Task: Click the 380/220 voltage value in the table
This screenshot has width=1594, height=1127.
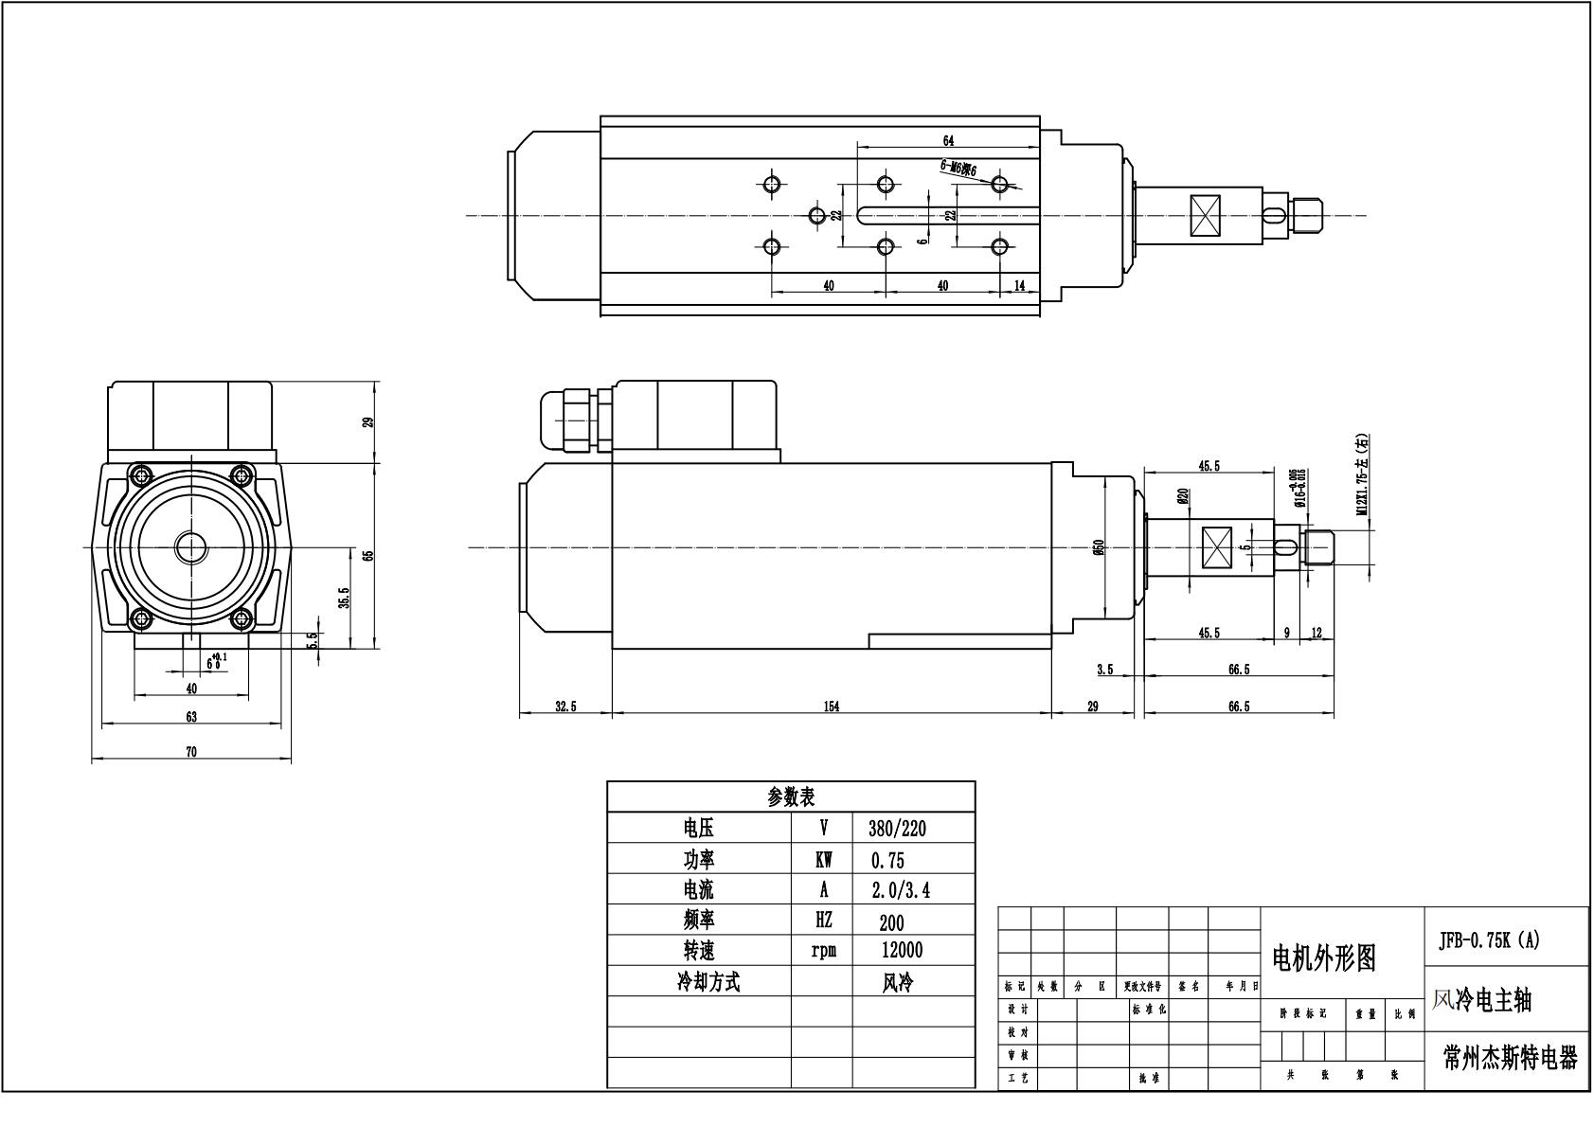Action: click(x=896, y=829)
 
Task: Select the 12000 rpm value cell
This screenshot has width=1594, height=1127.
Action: click(x=901, y=950)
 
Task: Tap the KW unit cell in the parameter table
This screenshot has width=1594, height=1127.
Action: click(x=823, y=860)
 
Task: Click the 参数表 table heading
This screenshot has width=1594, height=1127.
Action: click(x=791, y=796)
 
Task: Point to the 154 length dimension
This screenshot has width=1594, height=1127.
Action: click(x=831, y=707)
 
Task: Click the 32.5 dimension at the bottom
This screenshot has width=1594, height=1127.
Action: click(x=564, y=707)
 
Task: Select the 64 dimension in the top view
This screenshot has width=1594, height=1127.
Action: click(x=948, y=140)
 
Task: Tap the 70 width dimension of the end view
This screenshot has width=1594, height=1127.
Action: click(x=191, y=752)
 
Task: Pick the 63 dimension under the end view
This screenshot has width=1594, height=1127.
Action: click(x=191, y=717)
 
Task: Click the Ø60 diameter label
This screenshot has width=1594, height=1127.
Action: click(x=1099, y=547)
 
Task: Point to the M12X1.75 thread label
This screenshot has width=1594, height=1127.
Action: click(x=1361, y=474)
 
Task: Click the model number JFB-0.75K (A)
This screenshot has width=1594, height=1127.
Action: click(x=1490, y=939)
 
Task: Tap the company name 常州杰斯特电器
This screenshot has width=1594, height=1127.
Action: click(x=1510, y=1058)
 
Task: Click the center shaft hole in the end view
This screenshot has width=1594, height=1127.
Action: click(x=191, y=546)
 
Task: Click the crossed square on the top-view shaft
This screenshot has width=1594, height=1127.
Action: click(x=1206, y=216)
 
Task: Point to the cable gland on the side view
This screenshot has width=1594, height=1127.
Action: click(x=568, y=420)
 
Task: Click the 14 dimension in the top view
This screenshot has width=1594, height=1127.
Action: click(x=1020, y=285)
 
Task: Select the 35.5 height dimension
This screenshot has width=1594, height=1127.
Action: click(x=345, y=598)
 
